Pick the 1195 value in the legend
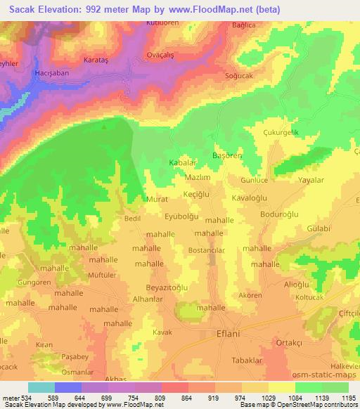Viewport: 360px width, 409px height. pyautogui.click(x=347, y=397)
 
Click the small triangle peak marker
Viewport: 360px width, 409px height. pyautogui.click(x=105, y=127)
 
